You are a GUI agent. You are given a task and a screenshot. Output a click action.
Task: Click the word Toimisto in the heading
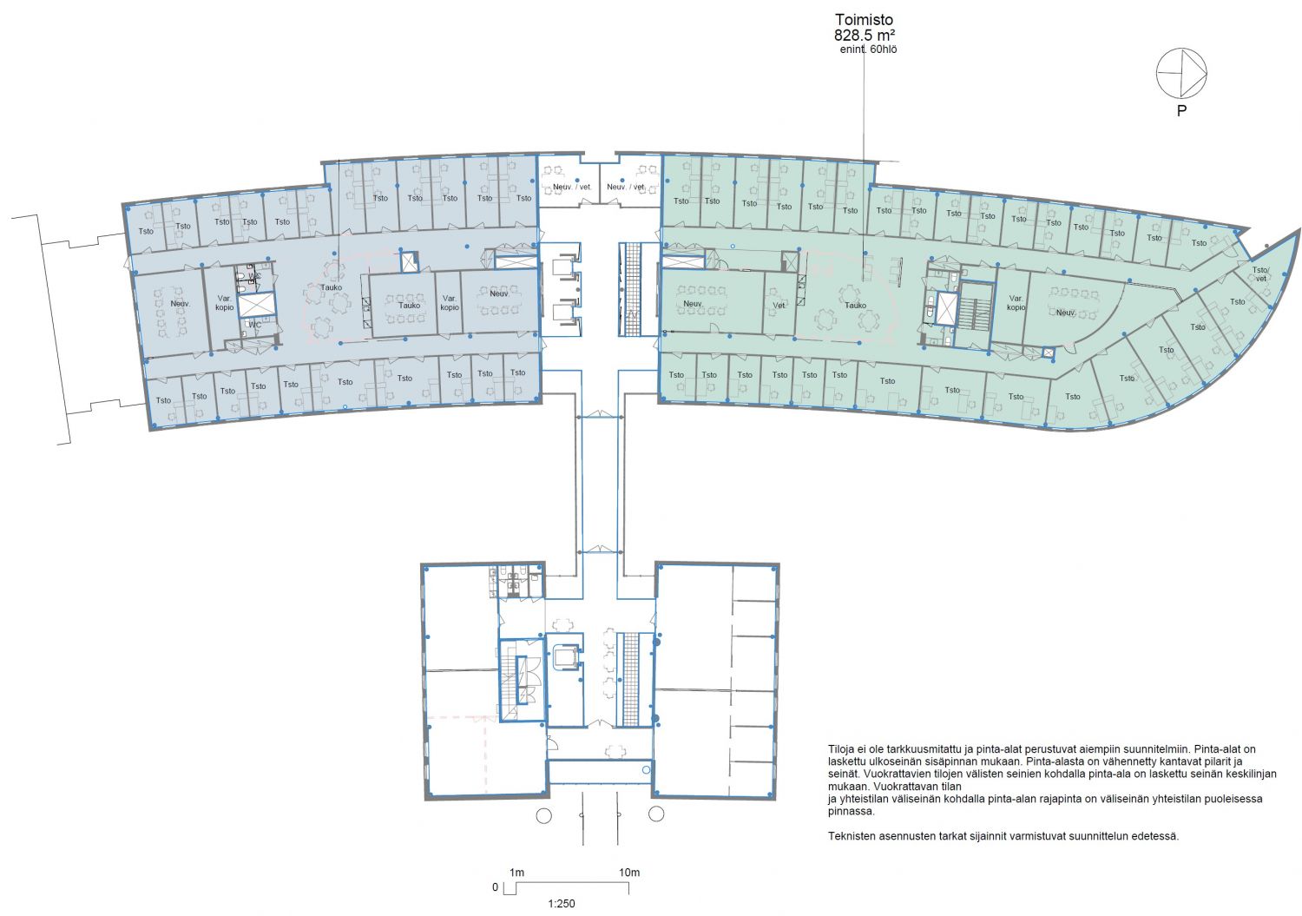864,20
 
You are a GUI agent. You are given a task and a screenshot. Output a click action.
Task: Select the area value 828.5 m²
865,36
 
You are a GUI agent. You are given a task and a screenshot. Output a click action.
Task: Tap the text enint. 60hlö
868,49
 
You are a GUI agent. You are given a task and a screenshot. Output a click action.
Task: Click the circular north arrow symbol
1181,73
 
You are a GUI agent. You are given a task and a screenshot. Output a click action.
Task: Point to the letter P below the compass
1181,110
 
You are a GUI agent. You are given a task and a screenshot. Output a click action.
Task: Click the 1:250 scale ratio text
562,904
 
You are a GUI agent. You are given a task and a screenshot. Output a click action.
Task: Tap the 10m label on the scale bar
629,873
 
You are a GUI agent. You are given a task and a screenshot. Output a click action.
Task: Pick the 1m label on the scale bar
516,873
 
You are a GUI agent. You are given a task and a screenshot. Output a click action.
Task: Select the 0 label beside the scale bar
496,887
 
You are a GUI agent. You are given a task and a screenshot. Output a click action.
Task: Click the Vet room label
779,306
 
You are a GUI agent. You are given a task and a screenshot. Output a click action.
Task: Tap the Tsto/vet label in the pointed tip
1260,273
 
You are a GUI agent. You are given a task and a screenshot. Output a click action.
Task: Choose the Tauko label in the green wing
856,306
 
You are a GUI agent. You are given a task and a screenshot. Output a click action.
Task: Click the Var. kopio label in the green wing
1016,303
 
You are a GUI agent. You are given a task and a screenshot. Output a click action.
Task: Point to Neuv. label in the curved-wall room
1066,313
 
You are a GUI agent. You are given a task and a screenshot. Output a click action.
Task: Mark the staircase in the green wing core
974,315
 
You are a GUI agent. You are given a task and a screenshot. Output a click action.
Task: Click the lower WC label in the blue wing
254,325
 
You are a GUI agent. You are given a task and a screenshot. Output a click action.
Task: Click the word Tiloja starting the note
841,749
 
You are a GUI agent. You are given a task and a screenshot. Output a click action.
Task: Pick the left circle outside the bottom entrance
543,815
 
